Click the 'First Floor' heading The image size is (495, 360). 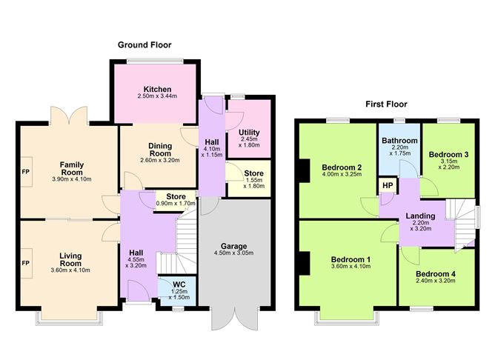click(386, 104)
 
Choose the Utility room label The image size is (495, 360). click(249, 133)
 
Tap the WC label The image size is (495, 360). click(178, 284)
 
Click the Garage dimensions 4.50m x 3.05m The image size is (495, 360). click(233, 253)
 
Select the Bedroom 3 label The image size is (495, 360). click(448, 155)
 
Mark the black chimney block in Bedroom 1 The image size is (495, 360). click(304, 262)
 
